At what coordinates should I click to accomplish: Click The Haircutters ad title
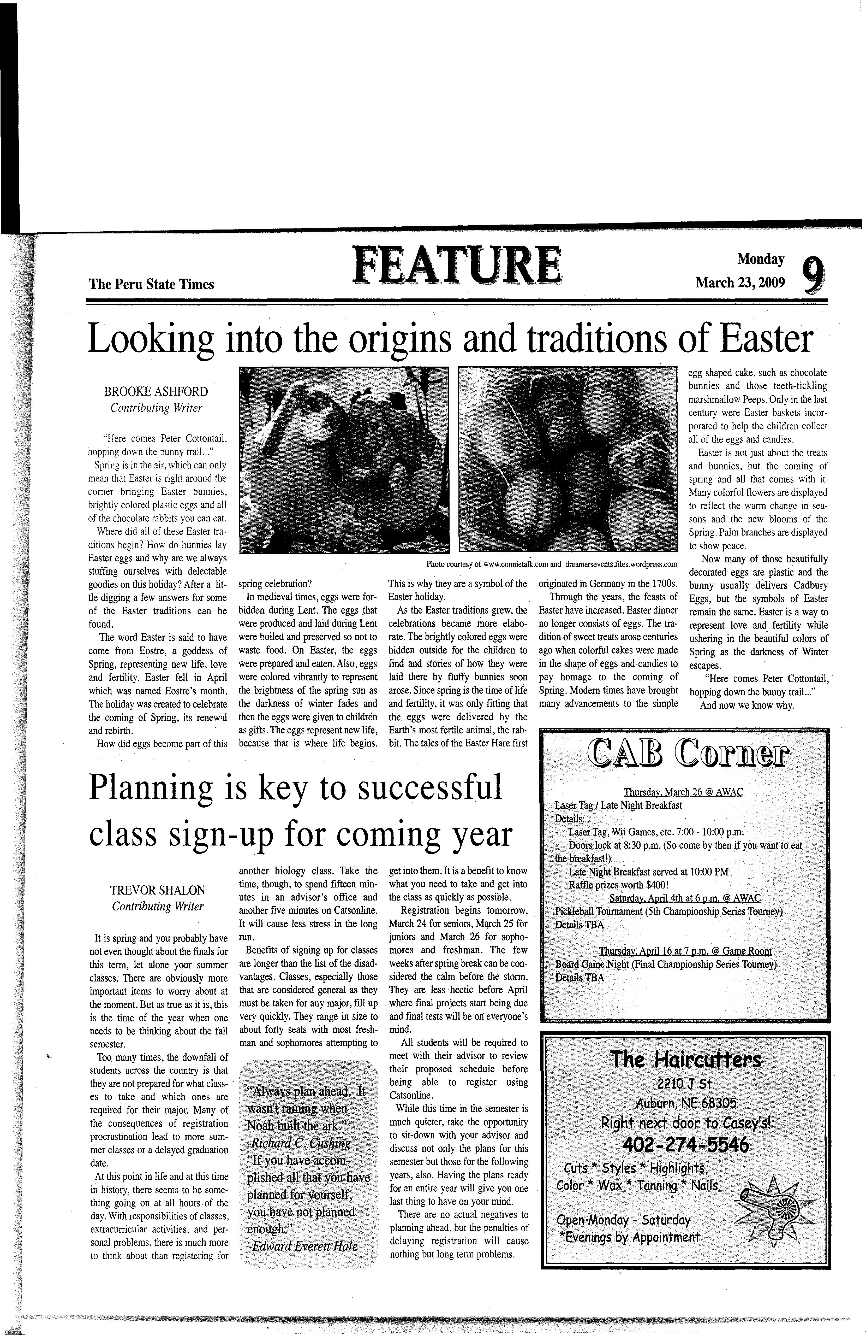pos(685,1060)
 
